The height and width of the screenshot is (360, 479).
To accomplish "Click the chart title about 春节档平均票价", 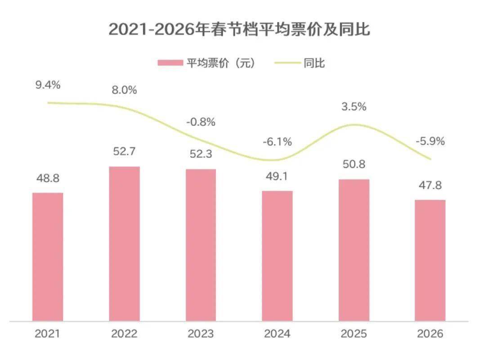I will (x=239, y=30).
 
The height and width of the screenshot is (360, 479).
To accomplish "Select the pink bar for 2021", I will (x=48, y=256).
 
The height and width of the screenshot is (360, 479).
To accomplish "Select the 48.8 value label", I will (x=48, y=178).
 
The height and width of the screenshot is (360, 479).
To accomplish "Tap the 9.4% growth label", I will (x=48, y=85).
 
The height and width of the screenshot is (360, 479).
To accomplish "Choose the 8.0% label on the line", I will (x=124, y=90).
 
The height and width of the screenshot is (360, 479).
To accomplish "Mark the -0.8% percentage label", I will (x=201, y=121).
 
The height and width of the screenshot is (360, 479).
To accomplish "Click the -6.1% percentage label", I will (x=277, y=142).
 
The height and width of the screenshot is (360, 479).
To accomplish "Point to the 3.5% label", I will (x=354, y=107).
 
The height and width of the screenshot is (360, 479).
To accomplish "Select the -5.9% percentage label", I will (x=430, y=141).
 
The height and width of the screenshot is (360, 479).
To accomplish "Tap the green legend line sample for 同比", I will (x=287, y=63).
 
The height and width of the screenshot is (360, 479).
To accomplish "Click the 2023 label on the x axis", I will (x=201, y=334).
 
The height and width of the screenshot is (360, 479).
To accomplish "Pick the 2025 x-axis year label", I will (x=354, y=334).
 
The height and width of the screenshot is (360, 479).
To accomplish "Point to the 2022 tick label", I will (x=124, y=334).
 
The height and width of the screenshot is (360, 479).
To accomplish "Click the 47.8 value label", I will (x=430, y=184).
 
